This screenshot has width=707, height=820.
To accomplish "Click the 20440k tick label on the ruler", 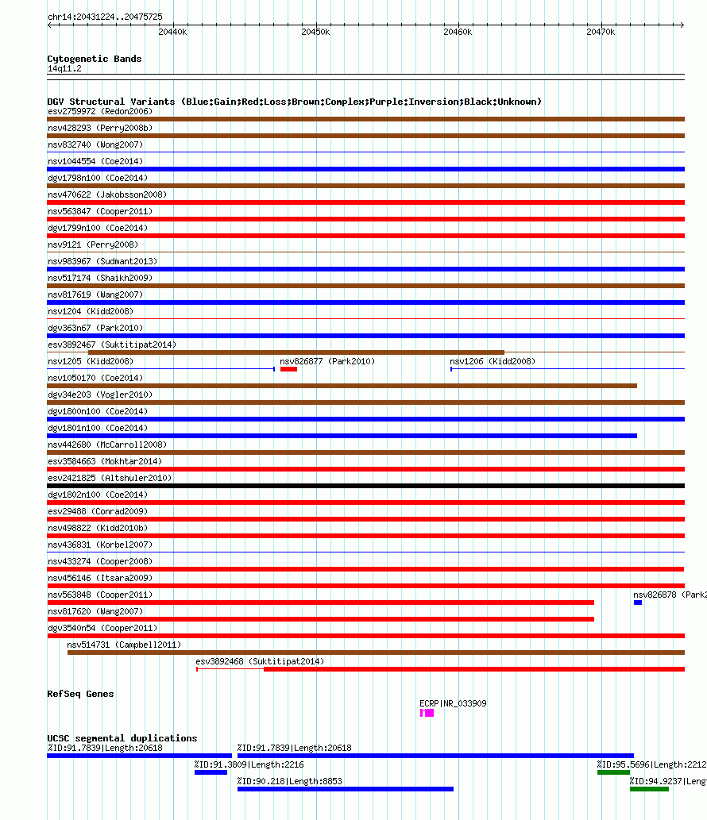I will click(172, 33).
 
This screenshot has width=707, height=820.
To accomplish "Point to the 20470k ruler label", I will click(601, 33).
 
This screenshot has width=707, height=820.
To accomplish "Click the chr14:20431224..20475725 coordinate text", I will click(105, 17).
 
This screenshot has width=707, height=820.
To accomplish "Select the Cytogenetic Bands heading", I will click(95, 59).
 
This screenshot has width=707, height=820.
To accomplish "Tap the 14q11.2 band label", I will click(64, 69).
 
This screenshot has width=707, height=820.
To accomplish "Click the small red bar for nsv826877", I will click(288, 369).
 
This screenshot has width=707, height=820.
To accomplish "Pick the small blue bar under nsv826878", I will click(638, 602).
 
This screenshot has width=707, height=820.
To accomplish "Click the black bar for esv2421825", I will click(365, 486).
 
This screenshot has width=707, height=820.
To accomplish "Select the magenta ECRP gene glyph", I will click(427, 714).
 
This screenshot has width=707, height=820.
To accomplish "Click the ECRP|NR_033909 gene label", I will click(453, 703).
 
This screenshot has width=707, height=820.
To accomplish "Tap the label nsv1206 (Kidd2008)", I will click(493, 361).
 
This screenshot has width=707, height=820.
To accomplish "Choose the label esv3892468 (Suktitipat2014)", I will click(260, 661).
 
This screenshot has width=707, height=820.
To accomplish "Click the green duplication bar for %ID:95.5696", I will click(613, 772).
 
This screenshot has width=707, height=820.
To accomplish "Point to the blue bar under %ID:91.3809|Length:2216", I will click(211, 772).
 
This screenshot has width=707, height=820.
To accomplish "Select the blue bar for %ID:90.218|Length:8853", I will click(345, 789).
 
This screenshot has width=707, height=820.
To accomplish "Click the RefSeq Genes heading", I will click(80, 694).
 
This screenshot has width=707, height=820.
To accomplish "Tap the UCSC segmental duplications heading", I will click(122, 738).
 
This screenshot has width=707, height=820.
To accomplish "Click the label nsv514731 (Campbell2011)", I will click(123, 645).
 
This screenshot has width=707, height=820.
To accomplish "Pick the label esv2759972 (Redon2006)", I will click(100, 111).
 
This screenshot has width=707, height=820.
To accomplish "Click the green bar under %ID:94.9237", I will click(649, 789).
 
